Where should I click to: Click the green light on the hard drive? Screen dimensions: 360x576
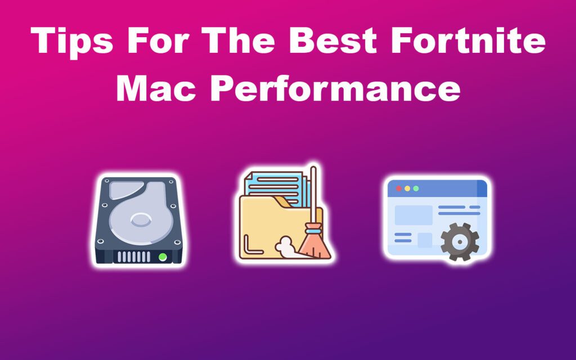click(x=163, y=256)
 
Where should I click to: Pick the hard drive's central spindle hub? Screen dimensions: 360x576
click(x=138, y=219)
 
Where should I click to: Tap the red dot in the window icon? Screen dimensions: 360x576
click(x=399, y=188)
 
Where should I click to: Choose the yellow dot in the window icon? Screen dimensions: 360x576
click(x=407, y=188)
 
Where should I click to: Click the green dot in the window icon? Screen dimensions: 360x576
click(x=416, y=188)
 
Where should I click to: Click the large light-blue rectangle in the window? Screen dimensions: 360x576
click(x=413, y=215)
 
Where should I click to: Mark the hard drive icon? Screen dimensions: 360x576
click(x=138, y=220)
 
